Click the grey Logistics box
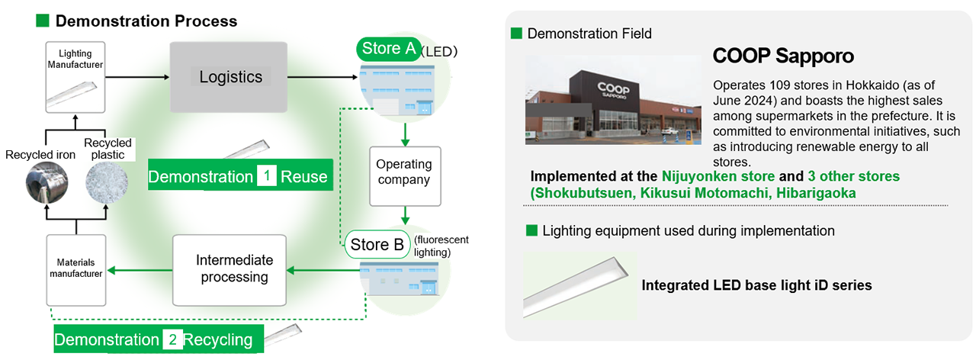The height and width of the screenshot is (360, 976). click(x=228, y=77)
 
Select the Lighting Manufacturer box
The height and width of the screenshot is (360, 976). click(x=75, y=77)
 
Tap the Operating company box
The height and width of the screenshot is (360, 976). click(x=405, y=176)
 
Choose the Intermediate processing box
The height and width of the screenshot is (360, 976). click(x=230, y=270)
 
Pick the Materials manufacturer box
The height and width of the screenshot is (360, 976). click(x=76, y=270)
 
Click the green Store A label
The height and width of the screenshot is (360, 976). click(x=389, y=49)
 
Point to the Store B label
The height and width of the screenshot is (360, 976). click(x=377, y=245)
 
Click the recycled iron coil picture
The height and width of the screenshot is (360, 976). click(x=47, y=182)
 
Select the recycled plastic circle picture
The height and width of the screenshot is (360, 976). click(x=107, y=182)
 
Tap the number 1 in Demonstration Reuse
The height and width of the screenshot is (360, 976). click(x=267, y=176)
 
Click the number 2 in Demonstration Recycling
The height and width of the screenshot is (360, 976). click(x=172, y=339)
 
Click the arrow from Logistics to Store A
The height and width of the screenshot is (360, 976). click(x=323, y=77)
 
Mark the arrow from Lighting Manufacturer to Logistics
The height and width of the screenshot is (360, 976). click(x=137, y=77)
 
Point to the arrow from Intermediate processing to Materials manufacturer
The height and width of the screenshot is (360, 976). click(x=140, y=271)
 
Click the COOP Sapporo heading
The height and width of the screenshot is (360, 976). click(x=783, y=56)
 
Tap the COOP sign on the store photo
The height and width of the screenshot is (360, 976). click(x=613, y=90)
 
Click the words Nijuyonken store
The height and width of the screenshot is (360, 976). click(x=718, y=176)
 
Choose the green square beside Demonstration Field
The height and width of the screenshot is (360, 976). click(x=516, y=33)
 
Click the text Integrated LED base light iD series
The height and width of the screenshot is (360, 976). click(x=756, y=285)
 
